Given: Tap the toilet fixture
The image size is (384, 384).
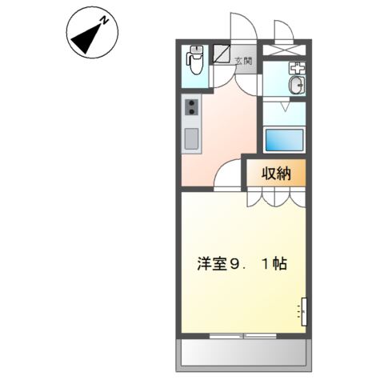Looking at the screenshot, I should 194,61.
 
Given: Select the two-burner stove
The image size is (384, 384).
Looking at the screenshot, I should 192,107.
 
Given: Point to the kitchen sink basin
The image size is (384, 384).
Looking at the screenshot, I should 192,138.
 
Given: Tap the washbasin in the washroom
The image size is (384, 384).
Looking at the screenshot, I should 295,86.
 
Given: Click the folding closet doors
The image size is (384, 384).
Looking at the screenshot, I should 275,197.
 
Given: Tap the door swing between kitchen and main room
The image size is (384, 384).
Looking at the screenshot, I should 228,174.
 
